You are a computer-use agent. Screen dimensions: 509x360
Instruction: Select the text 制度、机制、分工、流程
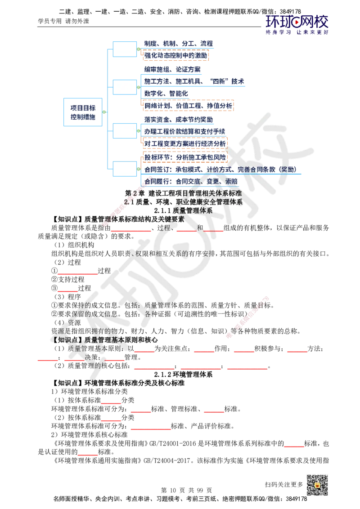click(179, 44)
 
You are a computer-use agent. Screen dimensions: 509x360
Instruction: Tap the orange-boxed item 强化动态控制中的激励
click(176, 56)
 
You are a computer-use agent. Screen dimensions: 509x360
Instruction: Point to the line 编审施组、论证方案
click(172, 70)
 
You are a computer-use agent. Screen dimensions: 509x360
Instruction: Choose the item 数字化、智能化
click(166, 94)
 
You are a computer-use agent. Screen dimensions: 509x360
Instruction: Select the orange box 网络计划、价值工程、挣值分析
click(188, 106)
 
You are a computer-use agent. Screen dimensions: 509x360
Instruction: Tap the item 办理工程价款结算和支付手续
click(184, 131)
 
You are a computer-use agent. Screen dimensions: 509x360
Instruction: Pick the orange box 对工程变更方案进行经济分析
click(184, 143)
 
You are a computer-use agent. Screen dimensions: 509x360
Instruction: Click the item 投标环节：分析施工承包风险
click(185, 157)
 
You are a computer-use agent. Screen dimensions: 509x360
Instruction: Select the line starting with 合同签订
click(220, 170)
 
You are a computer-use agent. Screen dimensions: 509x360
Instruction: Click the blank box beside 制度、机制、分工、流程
click(124, 49)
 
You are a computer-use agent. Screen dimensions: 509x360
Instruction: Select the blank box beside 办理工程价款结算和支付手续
click(124, 131)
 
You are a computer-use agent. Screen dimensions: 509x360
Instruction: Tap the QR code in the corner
click(317, 485)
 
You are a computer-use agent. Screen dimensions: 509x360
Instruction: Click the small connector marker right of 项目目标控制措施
click(104, 112)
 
